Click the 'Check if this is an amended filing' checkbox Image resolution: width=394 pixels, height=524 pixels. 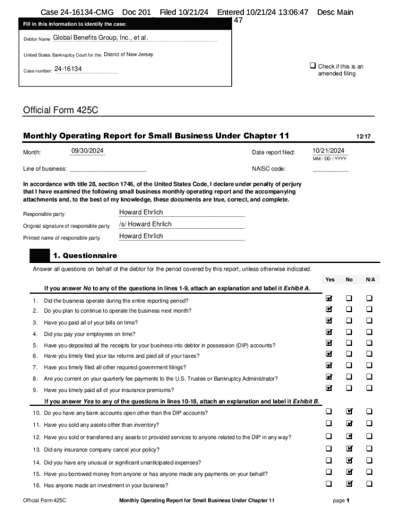[312, 67]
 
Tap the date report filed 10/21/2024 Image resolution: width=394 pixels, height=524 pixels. [328, 150]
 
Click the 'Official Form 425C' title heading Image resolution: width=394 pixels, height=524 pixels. [60, 110]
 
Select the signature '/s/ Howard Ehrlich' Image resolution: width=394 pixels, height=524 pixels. [145, 224]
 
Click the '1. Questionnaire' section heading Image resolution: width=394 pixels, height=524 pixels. [84, 255]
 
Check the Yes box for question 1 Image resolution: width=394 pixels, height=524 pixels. [330, 298]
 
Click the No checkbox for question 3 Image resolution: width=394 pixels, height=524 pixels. [349, 321]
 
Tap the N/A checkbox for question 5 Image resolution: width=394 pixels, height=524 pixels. [369, 343]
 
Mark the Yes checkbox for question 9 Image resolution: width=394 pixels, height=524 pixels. [330, 387]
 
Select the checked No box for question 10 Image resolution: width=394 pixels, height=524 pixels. [349, 410]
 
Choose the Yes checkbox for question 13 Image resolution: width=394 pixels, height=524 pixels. [330, 448]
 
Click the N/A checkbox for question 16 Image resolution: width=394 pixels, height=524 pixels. [369, 484]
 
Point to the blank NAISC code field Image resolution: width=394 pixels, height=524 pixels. [330, 169]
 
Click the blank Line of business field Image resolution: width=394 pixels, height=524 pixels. [107, 169]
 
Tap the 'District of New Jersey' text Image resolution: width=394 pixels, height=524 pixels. [128, 55]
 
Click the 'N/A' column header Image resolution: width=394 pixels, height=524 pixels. [370, 279]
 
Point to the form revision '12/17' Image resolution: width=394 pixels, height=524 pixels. [363, 137]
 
